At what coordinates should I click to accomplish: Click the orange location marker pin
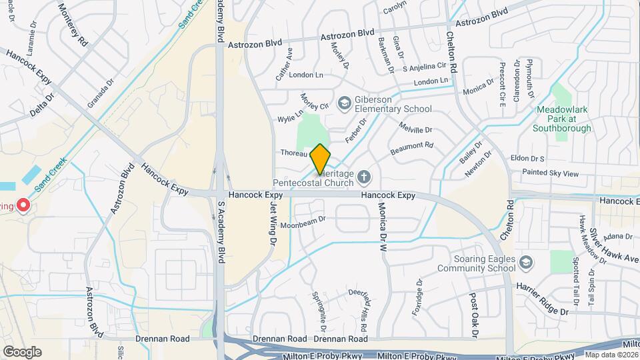tap(320, 158)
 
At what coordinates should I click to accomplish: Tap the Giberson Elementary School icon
tap(344, 103)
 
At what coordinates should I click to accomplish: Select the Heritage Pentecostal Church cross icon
tap(363, 177)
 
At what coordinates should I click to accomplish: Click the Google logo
tap(22, 351)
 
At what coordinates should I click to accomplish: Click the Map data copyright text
tap(611, 355)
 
